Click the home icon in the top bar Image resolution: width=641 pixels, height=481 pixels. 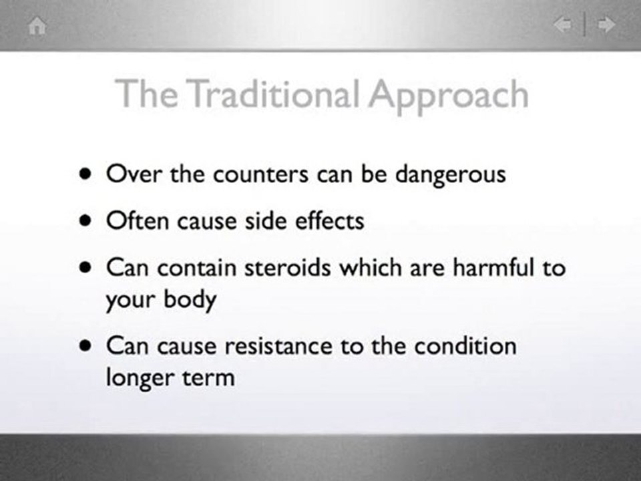click(x=38, y=26)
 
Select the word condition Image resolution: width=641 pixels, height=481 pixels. click(x=465, y=347)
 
